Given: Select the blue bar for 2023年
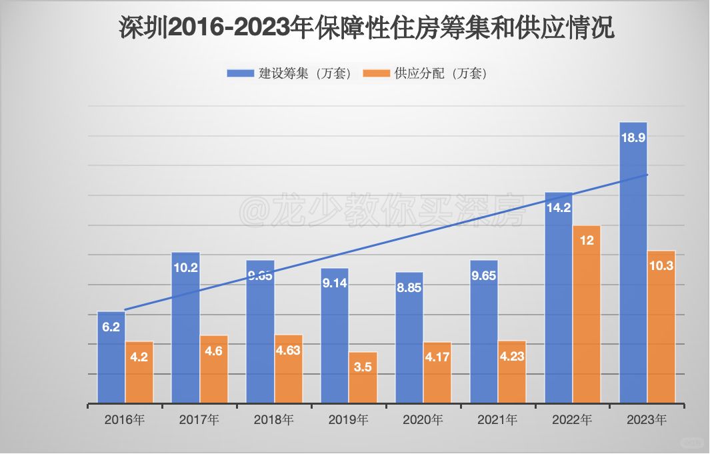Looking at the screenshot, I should (x=633, y=267).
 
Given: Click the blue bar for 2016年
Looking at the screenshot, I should (x=111, y=360).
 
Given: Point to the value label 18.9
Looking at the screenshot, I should (x=633, y=138).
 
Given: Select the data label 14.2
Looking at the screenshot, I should (x=558, y=207).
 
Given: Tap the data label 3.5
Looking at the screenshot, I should (x=363, y=367).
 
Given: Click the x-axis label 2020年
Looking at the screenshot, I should (x=423, y=420).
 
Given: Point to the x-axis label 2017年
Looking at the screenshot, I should (x=199, y=420).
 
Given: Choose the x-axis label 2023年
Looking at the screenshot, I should (x=647, y=420).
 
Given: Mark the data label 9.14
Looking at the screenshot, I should (x=335, y=283).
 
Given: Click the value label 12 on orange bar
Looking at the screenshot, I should (x=587, y=241).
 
